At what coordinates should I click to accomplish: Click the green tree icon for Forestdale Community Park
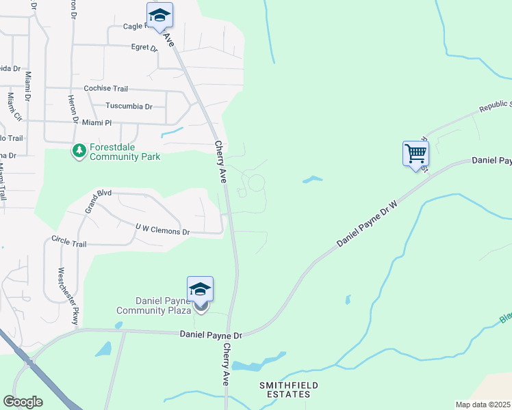79,150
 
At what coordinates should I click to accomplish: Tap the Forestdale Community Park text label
124,152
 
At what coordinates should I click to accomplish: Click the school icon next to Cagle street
159,15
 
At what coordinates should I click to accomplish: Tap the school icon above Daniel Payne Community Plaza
200,290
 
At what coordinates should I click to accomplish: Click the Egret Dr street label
144,48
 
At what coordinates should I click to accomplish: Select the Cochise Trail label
106,89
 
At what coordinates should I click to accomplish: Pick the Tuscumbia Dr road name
129,107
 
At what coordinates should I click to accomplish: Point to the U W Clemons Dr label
162,229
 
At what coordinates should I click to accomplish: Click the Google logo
23,402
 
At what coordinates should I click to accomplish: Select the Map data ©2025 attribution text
483,405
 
